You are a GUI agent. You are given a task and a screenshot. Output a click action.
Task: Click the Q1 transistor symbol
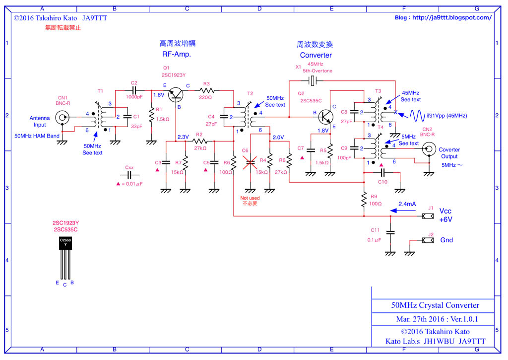coord(177,94)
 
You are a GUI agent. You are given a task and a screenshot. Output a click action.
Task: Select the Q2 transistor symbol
coord(325,117)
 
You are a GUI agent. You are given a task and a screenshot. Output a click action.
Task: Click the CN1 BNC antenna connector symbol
coord(62,118)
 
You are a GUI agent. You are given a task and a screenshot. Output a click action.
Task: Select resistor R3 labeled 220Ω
coord(207,90)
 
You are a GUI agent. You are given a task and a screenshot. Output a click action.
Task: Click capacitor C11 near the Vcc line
coord(390,232)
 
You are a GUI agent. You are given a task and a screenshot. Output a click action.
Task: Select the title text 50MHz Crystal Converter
coord(432,305)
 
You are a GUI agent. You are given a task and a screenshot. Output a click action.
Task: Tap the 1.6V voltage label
coord(159,94)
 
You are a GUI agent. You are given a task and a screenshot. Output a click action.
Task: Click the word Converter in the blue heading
coord(316,55)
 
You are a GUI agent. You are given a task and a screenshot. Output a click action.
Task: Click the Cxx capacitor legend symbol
coord(129,175)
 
